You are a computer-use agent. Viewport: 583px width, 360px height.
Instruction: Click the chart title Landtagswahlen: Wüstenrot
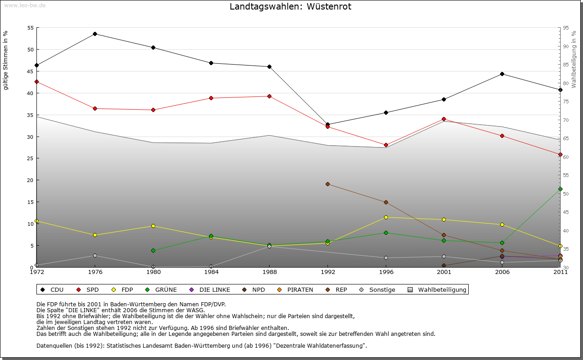pos(290,7)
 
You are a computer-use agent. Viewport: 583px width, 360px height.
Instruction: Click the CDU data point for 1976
pos(95,34)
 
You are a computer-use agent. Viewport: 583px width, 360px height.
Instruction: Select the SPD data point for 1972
pos(37,82)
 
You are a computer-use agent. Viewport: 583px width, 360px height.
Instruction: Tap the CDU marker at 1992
pos(327,124)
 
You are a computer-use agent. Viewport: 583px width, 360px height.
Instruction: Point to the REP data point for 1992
pos(327,184)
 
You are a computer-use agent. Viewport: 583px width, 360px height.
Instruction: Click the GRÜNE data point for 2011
pos(560,189)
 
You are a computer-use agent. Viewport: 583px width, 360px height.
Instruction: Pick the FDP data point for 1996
pos(386,217)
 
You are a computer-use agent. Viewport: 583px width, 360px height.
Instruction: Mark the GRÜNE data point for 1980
pos(153,250)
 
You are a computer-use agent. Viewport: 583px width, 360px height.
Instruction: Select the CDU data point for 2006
pos(502,74)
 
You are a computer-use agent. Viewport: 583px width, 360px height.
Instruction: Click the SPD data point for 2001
pos(444,119)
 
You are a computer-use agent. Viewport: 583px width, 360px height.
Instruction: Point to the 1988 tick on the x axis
pos(269,272)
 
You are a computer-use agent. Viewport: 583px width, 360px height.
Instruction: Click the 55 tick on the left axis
pos(31,28)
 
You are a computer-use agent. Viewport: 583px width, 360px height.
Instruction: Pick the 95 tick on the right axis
pos(566,28)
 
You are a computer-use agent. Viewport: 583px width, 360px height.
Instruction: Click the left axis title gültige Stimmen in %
pos(6,60)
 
